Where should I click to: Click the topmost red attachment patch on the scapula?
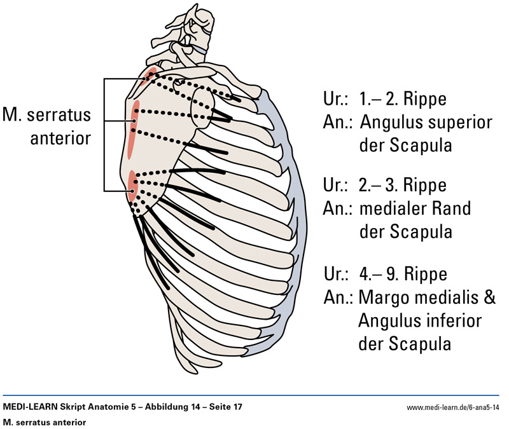pos(149,76)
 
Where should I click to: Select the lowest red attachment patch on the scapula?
pos(132,183)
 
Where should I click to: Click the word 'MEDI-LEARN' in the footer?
pos(29,407)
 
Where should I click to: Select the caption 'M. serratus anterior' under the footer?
pos(44,421)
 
